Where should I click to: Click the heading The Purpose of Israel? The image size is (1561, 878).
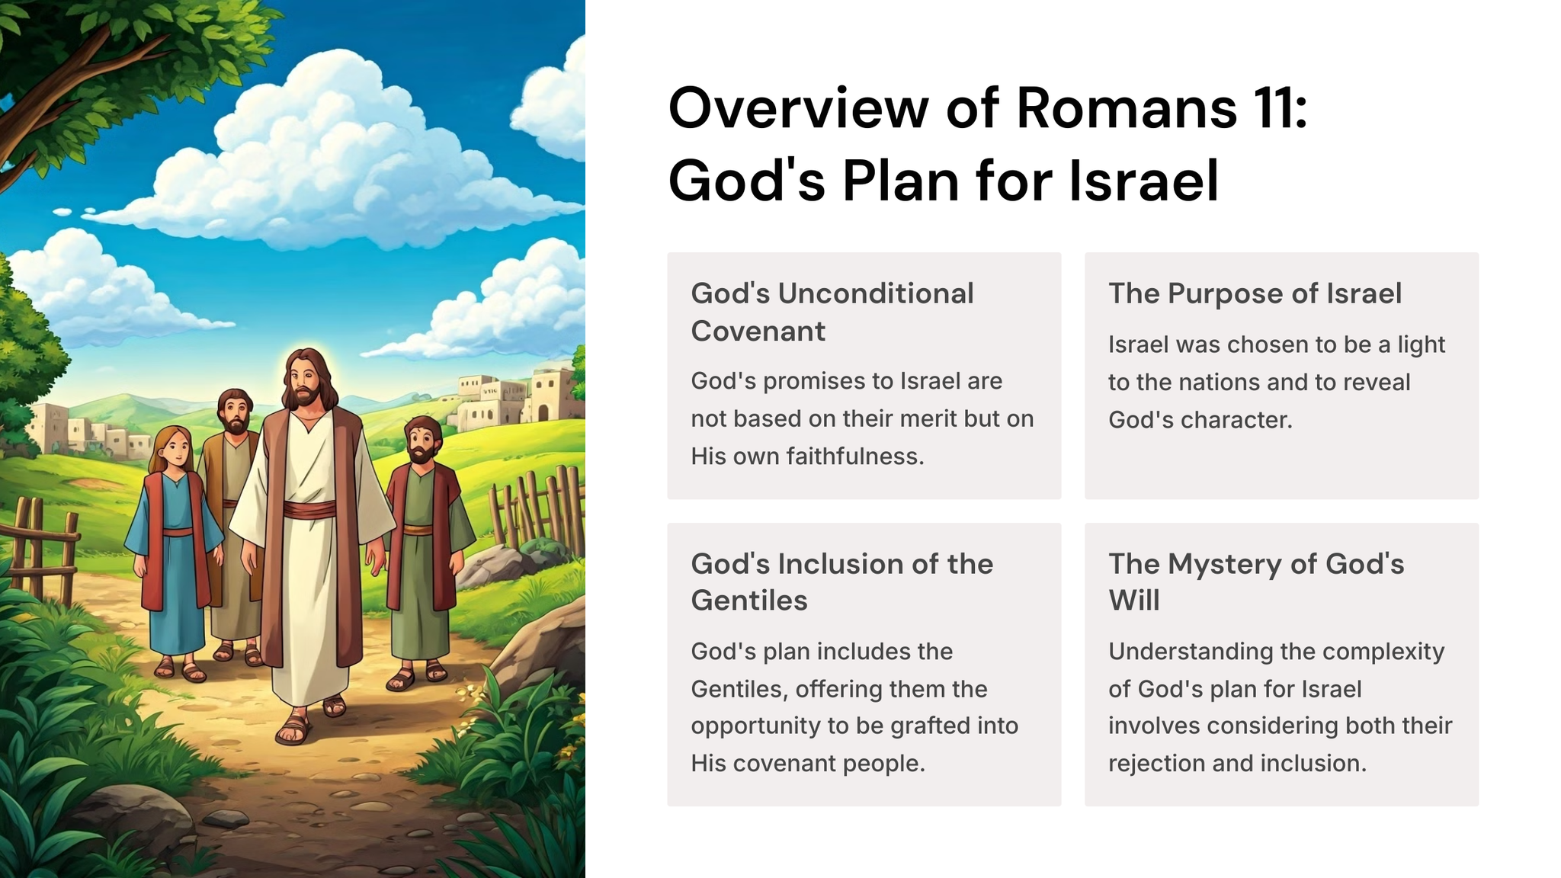coord(1255,293)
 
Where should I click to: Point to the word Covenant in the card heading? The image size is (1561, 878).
coord(758,331)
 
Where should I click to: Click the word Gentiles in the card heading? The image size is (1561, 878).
coord(749,601)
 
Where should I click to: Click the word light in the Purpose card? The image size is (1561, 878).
coord(1422,345)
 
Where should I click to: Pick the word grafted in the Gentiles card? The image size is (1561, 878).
coord(931,726)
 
